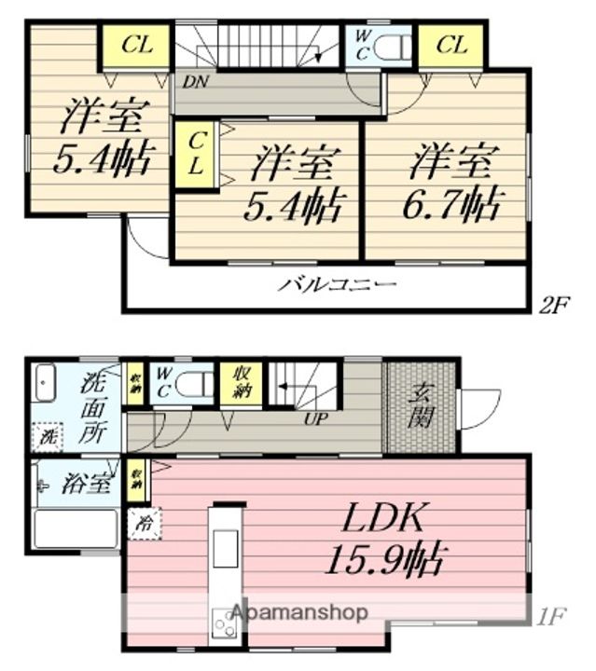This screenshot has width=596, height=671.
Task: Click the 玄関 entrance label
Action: pos(421,406)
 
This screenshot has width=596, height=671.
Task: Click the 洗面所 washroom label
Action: pos(93,407)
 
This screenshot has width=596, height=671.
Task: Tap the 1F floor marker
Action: pos(551,615)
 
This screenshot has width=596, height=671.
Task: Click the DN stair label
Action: pos(195,81)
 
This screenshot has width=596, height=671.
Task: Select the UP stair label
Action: pos(314,418)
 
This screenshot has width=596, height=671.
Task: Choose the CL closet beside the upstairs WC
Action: pos(450,45)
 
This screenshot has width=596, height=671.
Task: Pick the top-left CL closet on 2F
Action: pos(134,45)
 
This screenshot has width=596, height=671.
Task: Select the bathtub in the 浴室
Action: pos(76,528)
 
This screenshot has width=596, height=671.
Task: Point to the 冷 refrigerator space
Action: pos(146,524)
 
